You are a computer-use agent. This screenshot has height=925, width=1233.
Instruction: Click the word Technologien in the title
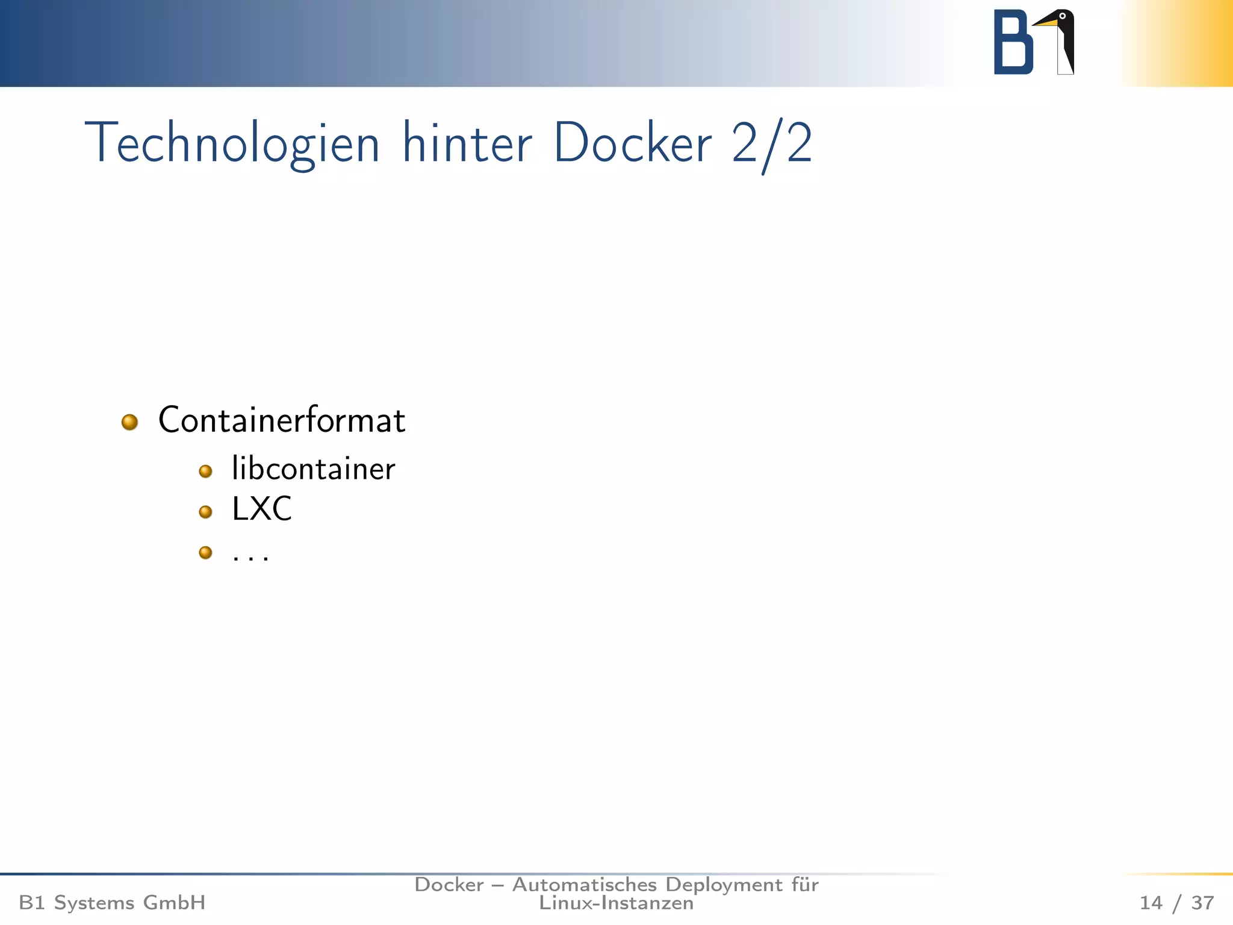tap(232, 143)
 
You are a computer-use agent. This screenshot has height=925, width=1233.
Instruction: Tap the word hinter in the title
tap(467, 143)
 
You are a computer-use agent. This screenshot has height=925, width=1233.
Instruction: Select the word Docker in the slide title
tap(632, 143)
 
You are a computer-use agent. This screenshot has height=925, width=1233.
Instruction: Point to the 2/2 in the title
tap(772, 143)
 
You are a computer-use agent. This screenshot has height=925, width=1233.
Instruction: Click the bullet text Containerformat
tap(281, 420)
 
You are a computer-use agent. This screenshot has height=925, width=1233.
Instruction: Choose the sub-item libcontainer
tap(313, 469)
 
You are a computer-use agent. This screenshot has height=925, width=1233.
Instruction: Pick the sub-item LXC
tap(261, 509)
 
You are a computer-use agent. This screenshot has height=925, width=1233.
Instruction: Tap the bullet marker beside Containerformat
tap(129, 422)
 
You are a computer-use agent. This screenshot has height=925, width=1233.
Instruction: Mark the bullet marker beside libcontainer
tap(205, 472)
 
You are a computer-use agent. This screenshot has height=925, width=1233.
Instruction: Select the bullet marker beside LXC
tap(205, 512)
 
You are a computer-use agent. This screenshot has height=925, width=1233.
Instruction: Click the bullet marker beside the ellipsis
tap(205, 552)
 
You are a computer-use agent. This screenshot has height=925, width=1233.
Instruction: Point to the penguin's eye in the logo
tap(1062, 16)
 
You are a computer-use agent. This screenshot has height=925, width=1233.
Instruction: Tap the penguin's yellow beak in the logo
tap(1046, 23)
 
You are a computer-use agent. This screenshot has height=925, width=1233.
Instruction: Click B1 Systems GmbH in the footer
tap(112, 903)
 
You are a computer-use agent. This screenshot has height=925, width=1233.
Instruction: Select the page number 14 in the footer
tap(1151, 903)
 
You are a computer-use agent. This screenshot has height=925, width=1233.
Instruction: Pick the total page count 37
tap(1202, 903)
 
